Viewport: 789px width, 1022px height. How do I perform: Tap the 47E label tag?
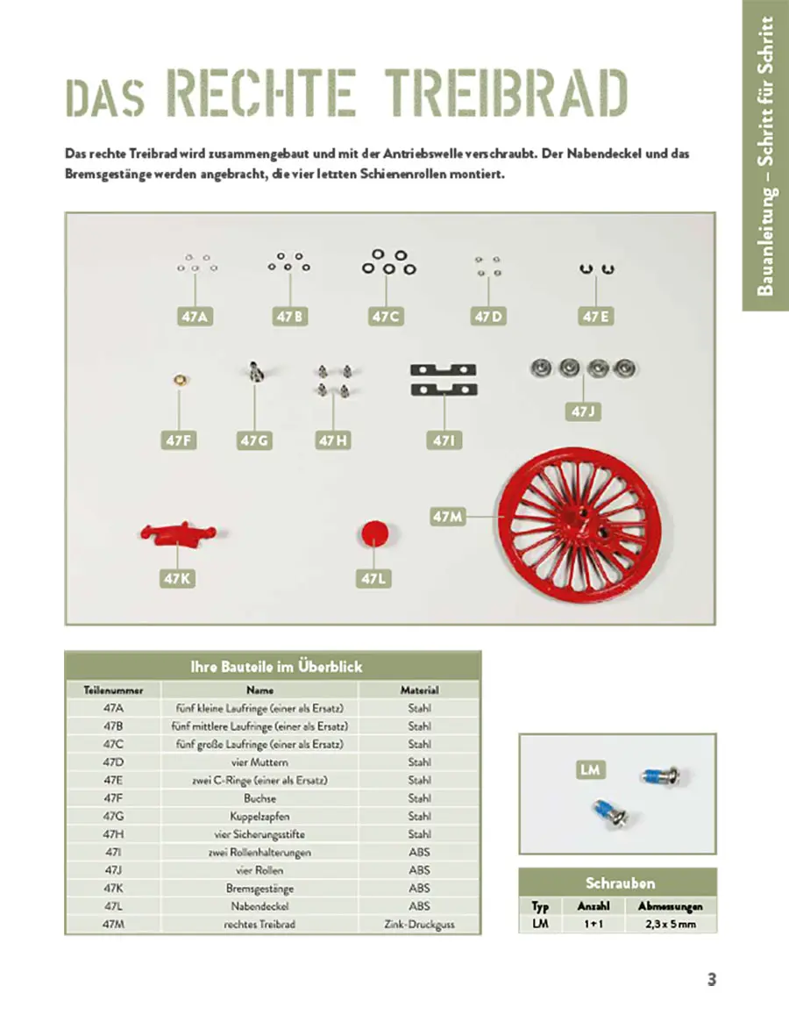coord(595,317)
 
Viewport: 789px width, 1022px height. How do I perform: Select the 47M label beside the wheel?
coord(446,518)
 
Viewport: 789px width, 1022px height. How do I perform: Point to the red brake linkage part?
coord(178,533)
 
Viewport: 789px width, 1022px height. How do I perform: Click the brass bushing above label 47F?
coord(178,380)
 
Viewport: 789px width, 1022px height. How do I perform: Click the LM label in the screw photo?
coord(590,770)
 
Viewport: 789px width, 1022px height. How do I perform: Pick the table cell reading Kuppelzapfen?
coord(260,816)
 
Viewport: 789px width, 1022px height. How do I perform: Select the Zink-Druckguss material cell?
coord(419,924)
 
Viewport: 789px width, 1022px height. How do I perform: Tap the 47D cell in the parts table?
coord(113,762)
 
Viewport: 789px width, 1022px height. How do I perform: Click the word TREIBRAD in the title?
coord(508,94)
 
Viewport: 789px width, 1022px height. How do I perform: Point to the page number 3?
coord(712,980)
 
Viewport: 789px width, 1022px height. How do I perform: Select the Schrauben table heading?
coord(619,883)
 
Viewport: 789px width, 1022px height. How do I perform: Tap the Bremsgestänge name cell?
coord(260,888)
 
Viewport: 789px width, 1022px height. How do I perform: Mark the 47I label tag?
coord(444,440)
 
